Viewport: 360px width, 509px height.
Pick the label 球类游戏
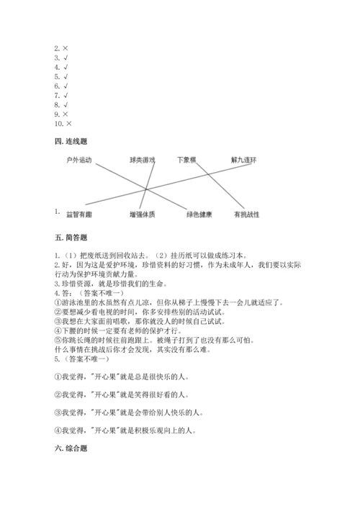pyautogui.click(x=142, y=159)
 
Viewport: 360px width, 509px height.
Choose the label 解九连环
pyautogui.click(x=243, y=159)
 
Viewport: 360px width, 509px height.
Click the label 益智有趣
pyautogui.click(x=79, y=215)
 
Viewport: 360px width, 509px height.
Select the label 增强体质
pyautogui.click(x=143, y=215)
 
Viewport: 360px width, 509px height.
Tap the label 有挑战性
pyautogui.click(x=246, y=215)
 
